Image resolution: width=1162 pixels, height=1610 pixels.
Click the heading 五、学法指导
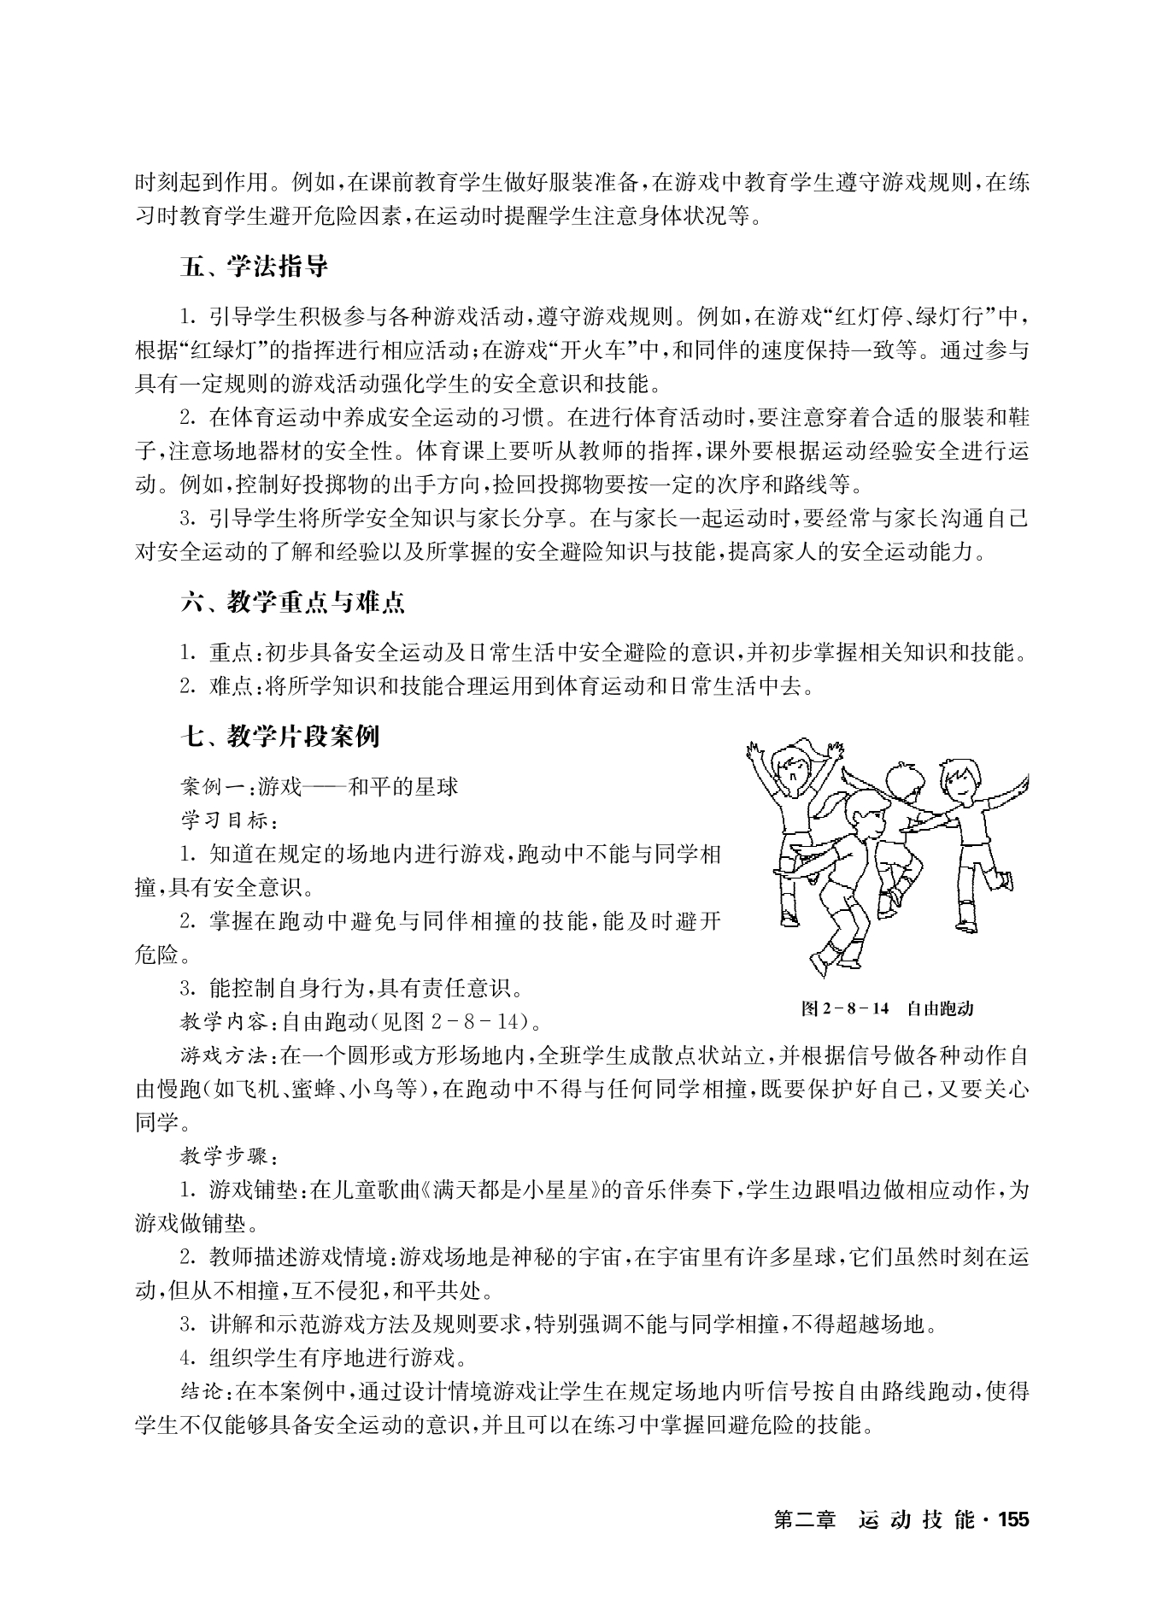(x=255, y=267)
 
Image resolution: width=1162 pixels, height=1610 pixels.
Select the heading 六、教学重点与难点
(x=292, y=602)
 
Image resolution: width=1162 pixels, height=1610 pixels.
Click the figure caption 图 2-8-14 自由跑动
(x=887, y=1008)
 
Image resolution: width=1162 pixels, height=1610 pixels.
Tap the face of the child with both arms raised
(x=790, y=770)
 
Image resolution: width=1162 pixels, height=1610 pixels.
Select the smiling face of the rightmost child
(x=958, y=779)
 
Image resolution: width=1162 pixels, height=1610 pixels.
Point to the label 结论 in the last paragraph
(x=202, y=1391)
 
